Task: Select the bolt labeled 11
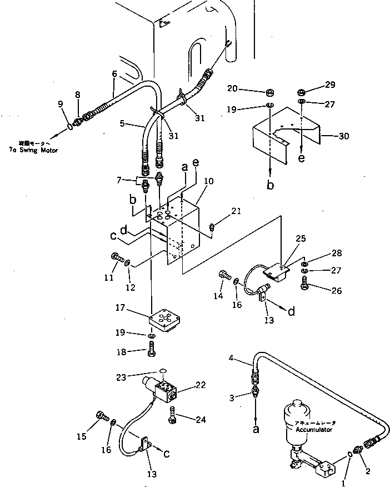click(115, 258)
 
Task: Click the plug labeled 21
click(212, 226)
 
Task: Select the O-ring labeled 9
click(69, 127)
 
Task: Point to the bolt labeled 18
click(152, 351)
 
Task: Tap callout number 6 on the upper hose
click(114, 73)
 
